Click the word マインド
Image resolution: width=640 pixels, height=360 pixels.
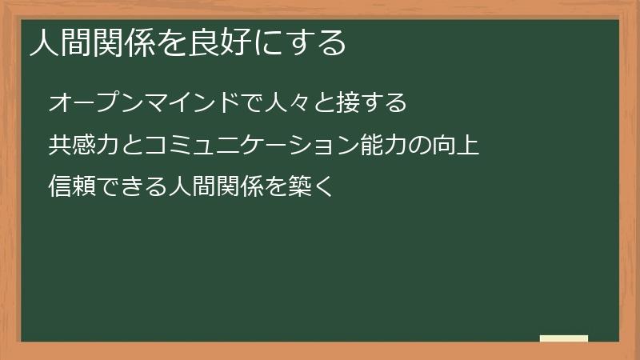[191, 103]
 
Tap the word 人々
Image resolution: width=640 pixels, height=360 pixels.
[284, 103]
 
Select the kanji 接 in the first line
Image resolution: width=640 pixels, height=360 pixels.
[350, 103]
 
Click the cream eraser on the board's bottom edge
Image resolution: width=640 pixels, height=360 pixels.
[564, 338]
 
